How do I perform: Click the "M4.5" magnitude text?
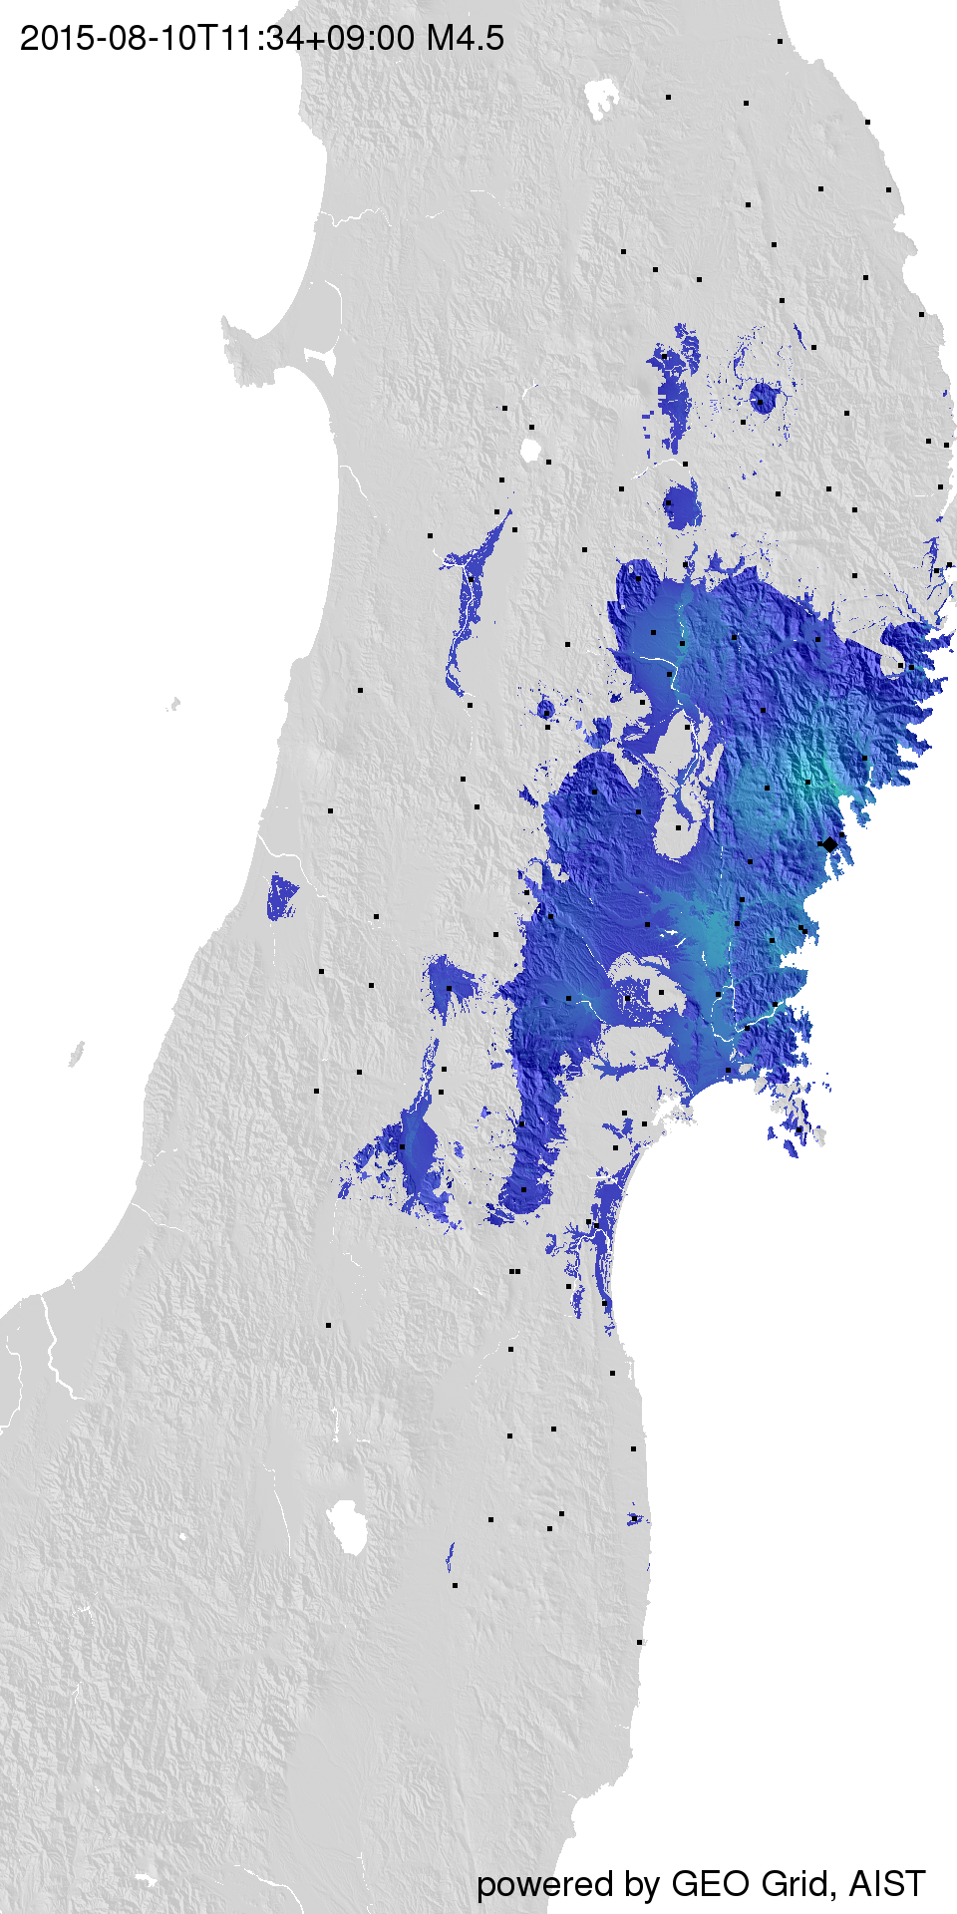(465, 39)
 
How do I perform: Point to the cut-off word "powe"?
(515, 1884)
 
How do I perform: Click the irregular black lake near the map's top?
(601, 98)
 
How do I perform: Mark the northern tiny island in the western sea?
(173, 704)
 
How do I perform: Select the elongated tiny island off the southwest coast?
(76, 1053)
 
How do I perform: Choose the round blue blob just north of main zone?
(682, 504)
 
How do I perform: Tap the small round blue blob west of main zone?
(545, 709)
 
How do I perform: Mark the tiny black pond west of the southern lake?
(182, 1536)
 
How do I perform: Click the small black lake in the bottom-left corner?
(146, 1879)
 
